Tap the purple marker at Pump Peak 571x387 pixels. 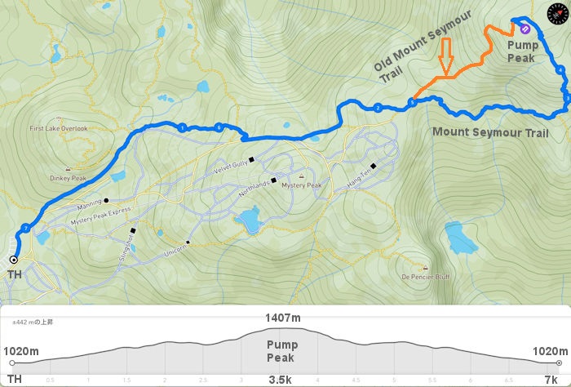click(525, 29)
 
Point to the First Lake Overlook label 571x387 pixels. click(58, 128)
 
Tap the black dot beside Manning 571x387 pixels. click(106, 199)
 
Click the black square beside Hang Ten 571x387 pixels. click(373, 166)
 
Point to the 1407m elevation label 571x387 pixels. click(282, 318)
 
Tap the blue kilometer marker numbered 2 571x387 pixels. click(378, 108)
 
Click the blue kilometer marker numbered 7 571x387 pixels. click(26, 227)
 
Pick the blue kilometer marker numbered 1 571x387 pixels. click(182, 127)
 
